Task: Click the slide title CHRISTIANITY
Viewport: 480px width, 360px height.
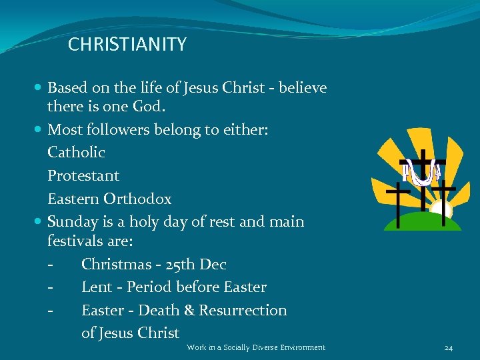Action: point(127,45)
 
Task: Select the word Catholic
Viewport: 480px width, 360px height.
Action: point(76,152)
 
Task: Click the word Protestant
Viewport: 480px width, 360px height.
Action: point(83,176)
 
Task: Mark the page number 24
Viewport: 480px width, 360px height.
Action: point(449,347)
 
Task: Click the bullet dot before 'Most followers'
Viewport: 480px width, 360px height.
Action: point(39,129)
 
